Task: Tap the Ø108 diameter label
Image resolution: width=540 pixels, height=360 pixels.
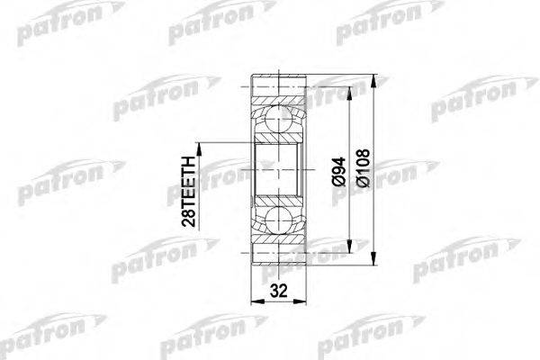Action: [363, 169]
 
